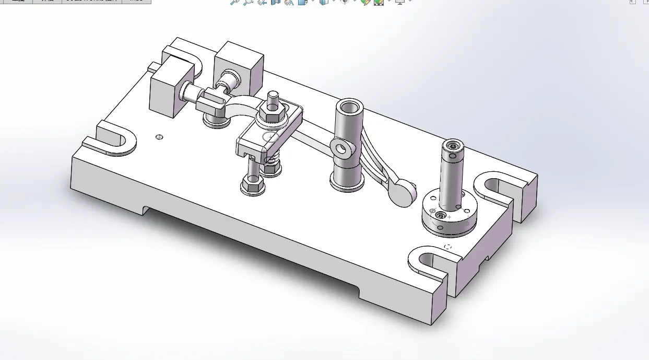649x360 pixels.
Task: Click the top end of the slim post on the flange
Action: click(x=452, y=144)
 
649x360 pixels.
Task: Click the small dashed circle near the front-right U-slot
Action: click(x=447, y=246)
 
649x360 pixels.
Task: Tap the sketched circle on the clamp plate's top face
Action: click(x=271, y=137)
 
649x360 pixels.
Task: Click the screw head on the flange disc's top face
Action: click(x=441, y=215)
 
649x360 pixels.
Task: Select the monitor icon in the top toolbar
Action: click(x=400, y=2)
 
